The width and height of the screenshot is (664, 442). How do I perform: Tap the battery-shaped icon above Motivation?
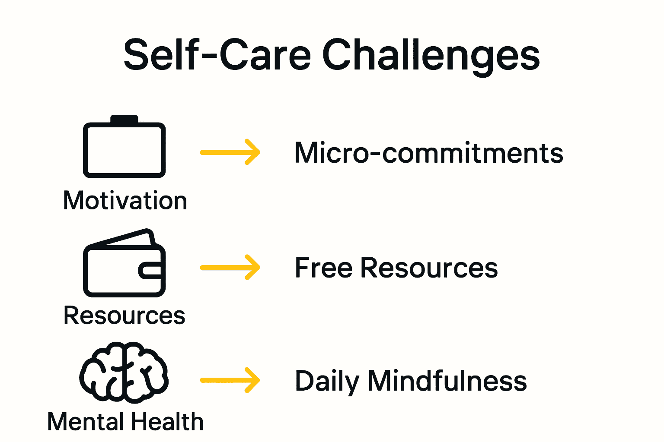tap(124, 149)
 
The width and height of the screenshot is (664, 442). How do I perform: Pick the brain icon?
tap(124, 370)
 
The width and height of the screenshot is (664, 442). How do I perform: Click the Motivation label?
tap(125, 201)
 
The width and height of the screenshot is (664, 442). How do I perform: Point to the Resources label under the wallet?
tap(124, 315)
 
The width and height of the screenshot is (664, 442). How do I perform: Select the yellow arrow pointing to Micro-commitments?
tap(230, 152)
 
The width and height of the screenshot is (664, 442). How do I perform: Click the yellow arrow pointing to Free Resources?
tap(230, 267)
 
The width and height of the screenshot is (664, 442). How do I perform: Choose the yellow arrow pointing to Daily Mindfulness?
tap(230, 380)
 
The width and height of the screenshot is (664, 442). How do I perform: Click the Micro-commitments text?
tap(429, 153)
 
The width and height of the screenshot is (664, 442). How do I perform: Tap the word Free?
tap(323, 268)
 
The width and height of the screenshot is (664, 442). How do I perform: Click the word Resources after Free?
tap(429, 268)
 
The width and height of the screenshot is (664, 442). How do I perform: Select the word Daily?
tap(327, 382)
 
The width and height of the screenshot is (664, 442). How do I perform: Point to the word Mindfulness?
tap(447, 381)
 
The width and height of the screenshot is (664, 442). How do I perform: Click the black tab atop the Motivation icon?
tap(124, 120)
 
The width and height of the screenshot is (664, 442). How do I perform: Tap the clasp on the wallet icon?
tap(150, 271)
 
